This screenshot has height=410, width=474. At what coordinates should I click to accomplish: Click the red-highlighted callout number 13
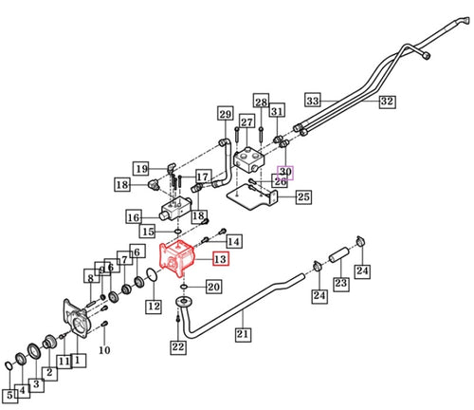point(221,259)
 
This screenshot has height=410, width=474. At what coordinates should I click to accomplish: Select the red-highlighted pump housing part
point(177,258)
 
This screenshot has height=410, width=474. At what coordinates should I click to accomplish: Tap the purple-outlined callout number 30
point(285,173)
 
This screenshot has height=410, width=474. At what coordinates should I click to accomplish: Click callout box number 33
point(313,101)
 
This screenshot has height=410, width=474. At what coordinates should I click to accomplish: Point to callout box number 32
point(387,102)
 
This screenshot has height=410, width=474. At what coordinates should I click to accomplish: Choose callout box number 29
point(226,114)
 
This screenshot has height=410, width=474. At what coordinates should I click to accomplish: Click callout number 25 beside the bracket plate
point(303,196)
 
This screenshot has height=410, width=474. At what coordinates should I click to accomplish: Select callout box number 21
point(243,334)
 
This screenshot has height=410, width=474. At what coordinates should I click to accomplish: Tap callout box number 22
point(178,347)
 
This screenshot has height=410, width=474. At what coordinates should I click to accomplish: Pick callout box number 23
point(341,283)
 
